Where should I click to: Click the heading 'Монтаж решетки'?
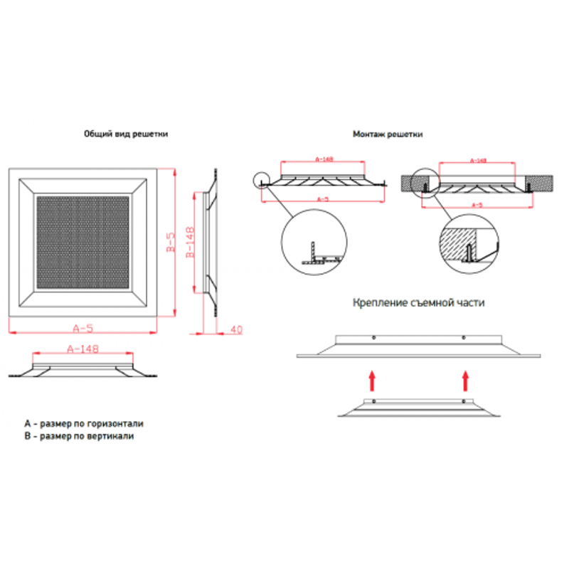pos(388,134)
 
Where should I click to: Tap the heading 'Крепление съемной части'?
pos(418,302)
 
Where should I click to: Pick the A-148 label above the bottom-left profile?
pos(82,349)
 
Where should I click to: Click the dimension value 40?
pos(236,329)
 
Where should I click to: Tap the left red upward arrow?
pos(371,380)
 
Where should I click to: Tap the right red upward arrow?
pos(466,380)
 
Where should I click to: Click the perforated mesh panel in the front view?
pos(83,240)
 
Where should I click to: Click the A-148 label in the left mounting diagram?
pos(324,159)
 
